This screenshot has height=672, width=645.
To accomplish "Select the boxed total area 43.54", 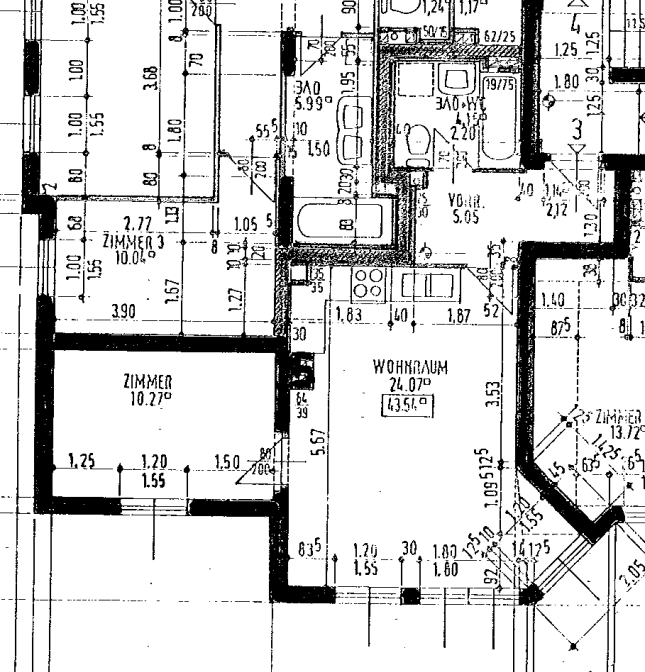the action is [409, 404].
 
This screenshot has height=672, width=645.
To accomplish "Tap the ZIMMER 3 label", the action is [132, 242].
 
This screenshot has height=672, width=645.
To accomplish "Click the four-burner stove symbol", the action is [367, 283].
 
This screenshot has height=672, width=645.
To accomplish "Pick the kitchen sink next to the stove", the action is [427, 285].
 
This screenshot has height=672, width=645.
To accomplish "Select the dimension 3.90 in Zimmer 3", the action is [124, 312].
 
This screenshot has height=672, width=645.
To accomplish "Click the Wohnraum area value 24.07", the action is [409, 383].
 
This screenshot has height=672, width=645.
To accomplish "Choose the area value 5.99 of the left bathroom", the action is [305, 102].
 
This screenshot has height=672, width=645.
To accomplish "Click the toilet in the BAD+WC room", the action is [416, 145].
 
